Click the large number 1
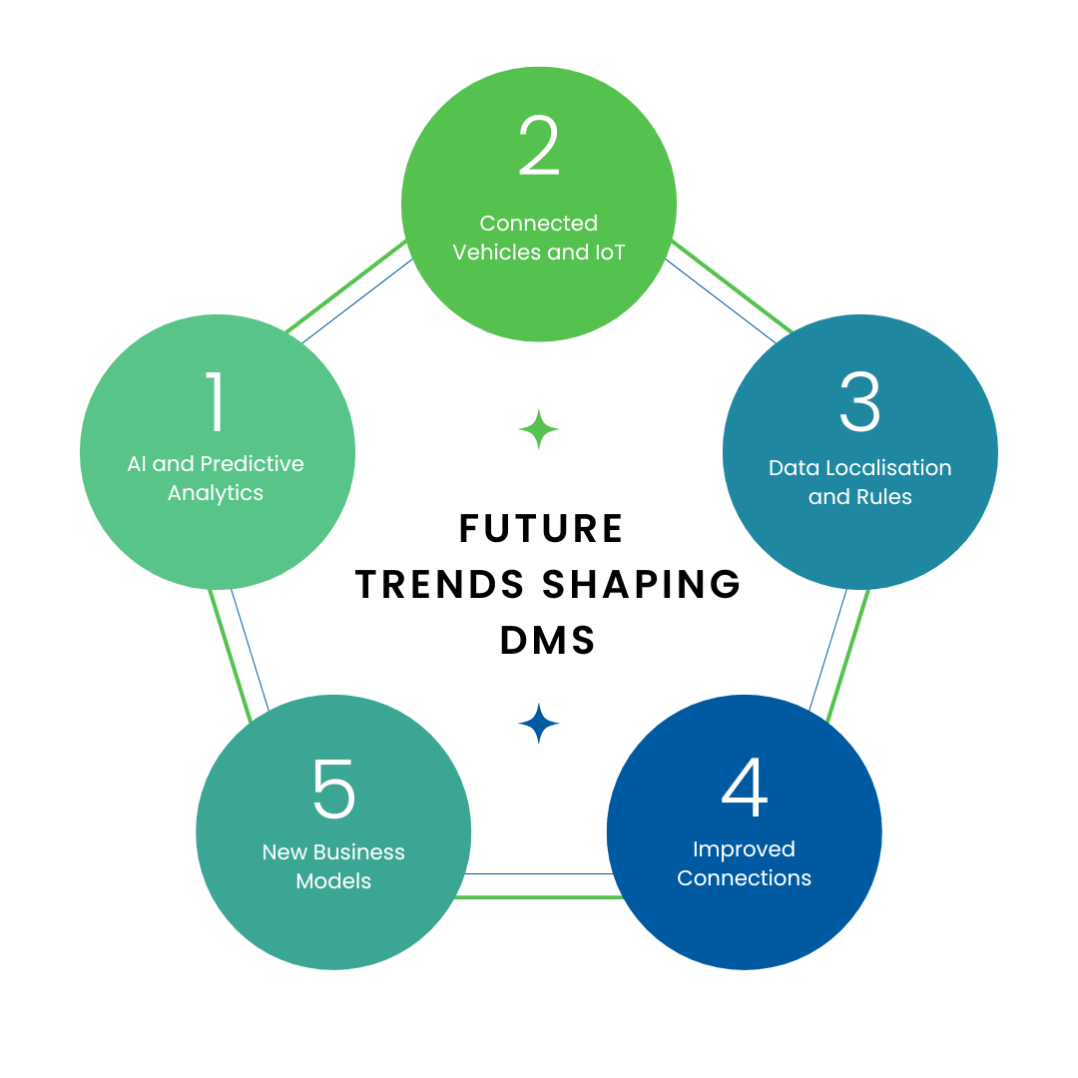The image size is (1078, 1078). point(216,402)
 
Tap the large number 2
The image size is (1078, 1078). point(539,148)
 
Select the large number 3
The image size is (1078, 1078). point(859,402)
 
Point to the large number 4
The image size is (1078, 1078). point(745,788)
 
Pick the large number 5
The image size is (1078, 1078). point(333,788)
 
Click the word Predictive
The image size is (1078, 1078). point(253,464)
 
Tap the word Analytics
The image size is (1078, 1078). point(216,493)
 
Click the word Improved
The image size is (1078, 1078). point(745,849)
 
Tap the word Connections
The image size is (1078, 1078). point(745,878)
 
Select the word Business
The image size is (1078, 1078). point(359,852)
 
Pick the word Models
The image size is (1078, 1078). point(333,881)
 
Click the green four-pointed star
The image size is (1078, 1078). point(539,429)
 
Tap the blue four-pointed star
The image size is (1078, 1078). point(539,724)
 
